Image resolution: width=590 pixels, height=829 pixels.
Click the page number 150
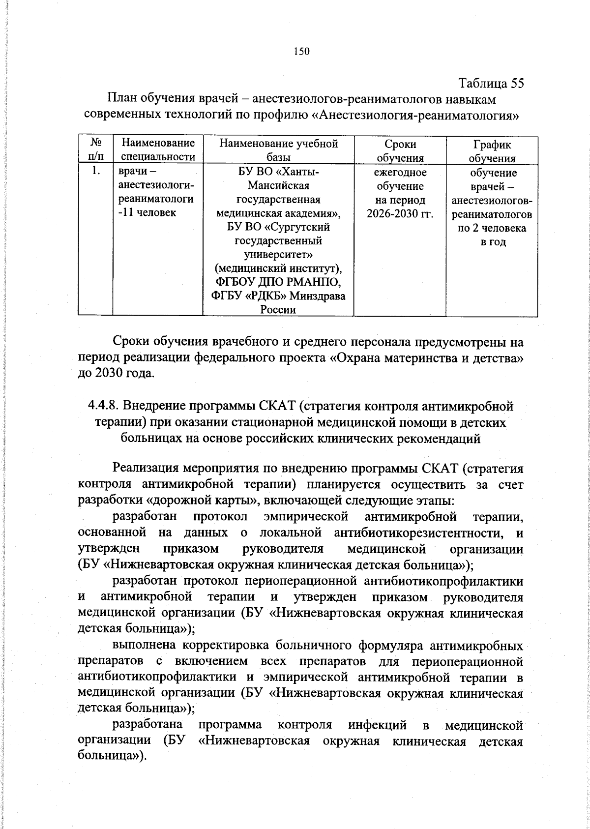pyautogui.click(x=301, y=52)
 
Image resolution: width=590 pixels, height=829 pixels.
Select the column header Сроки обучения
pyautogui.click(x=400, y=151)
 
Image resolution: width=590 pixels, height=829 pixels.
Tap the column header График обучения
pyautogui.click(x=491, y=151)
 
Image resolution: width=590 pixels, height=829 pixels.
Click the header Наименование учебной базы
pyautogui.click(x=278, y=151)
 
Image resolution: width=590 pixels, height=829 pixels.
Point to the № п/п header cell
pyautogui.click(x=96, y=150)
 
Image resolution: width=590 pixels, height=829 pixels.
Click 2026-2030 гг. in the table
pyautogui.click(x=400, y=214)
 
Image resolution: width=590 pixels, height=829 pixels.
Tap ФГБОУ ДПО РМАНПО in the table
pyautogui.click(x=278, y=283)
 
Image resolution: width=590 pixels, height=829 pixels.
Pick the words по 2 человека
pyautogui.click(x=491, y=228)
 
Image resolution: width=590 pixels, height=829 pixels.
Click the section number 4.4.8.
pyautogui.click(x=103, y=407)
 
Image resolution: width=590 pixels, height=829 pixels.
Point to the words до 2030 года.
pyautogui.click(x=110, y=373)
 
